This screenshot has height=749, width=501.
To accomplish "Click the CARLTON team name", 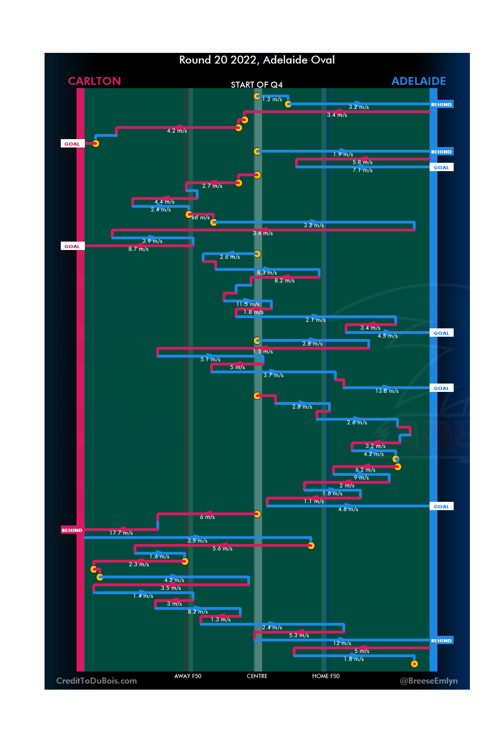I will coord(94,81).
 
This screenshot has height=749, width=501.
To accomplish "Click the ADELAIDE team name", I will coord(418,81).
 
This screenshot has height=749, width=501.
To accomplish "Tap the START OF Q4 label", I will coord(257,85).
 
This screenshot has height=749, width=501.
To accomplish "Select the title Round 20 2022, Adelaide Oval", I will coord(257,60).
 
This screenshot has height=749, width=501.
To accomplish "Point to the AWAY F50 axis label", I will coord(188,676).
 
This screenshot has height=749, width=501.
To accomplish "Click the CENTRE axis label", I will coord(257,676).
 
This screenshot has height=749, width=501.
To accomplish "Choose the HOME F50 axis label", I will coord(326,676).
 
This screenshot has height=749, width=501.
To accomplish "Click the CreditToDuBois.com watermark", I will coord(96,681).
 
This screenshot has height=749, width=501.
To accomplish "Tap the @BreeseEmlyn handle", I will coord(429,681).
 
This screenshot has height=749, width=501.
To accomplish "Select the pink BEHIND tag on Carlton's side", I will coord(72,530).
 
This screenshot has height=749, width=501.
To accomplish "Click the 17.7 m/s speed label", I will coord(121,533).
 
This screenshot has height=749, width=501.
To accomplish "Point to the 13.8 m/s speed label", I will coord(387,391).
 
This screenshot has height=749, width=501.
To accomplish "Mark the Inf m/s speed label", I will coord(201,218).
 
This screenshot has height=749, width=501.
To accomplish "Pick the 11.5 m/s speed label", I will coord(248,304).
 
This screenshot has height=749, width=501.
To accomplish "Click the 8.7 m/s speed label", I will coord(138,249).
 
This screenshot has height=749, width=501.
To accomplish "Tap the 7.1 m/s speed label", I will coord(362,170).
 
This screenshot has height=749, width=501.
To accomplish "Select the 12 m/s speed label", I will coord(342,643).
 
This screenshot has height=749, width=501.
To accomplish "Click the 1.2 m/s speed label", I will coord(272,99).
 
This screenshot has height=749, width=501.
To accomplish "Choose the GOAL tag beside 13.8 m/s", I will coord(441,389).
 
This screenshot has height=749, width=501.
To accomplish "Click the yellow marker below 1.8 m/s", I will coord(414,664).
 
